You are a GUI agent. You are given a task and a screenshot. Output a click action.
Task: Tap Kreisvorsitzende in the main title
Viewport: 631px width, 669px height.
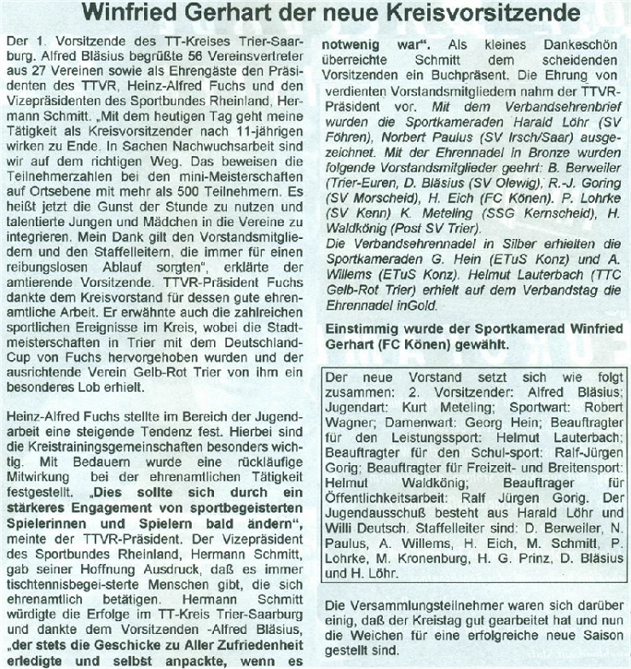(x=495, y=15)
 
